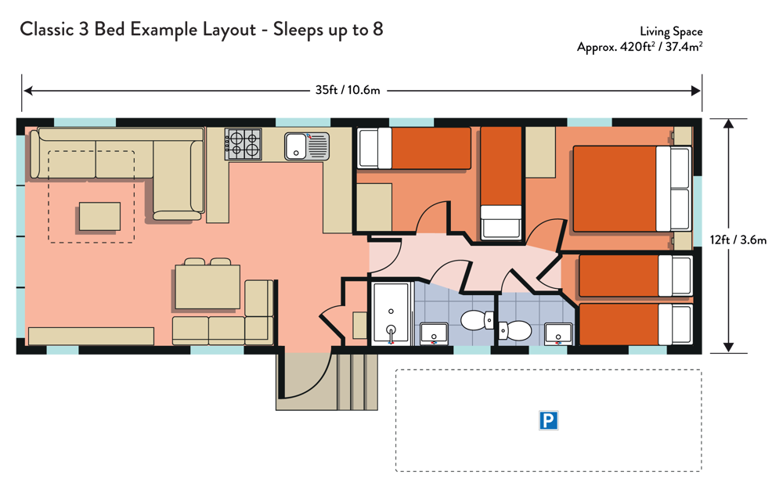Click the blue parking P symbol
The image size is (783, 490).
(548, 420)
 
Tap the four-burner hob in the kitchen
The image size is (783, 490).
(244, 144)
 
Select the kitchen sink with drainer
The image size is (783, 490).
(307, 146)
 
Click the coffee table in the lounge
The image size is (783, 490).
(100, 216)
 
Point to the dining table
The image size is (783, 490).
(207, 287)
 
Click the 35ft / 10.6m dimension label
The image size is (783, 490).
(348, 90)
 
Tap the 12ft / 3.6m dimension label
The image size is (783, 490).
(738, 240)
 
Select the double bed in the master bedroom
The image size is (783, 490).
(632, 189)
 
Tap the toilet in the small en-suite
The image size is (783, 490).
(515, 330)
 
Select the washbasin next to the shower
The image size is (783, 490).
(434, 333)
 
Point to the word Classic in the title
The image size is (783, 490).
(47, 30)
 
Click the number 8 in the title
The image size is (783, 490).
(378, 30)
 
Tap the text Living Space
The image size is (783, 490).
(671, 32)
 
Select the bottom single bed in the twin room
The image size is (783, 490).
(636, 324)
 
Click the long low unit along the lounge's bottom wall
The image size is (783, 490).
(91, 336)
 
